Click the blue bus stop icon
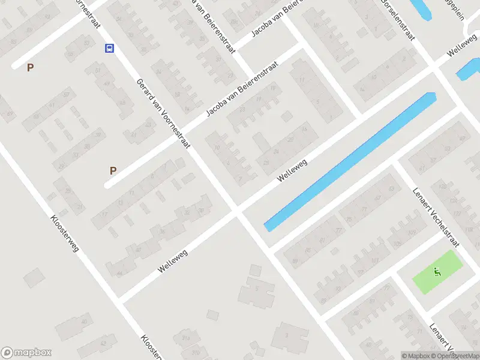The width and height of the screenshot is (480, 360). pos(110,49)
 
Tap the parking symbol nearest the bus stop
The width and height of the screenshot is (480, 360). pos(30,68)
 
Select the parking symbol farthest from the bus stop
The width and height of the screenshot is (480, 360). pos(113,170)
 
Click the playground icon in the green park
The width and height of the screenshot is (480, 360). pos(437,272)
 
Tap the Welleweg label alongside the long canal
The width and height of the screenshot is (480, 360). pos(292,172)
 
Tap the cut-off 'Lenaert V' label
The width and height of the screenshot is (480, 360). pos(443,340)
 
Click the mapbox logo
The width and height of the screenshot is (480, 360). pos(26,353)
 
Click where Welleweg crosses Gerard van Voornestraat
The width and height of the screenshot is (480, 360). pos(238,211)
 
